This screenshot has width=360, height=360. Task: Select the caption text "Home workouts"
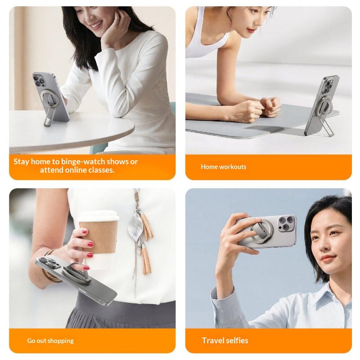coord(223,166)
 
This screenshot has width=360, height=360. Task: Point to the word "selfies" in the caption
coord(237,340)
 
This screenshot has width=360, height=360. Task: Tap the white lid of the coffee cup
coord(99,216)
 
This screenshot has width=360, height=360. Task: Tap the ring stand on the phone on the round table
coord(49,98)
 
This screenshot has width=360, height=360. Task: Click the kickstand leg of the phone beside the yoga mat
coord(328,126)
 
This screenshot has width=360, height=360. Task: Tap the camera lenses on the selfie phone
coord(286,223)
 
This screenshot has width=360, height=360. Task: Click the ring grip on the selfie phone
coord(262,230)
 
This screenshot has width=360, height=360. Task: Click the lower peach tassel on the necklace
coord(146,260)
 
